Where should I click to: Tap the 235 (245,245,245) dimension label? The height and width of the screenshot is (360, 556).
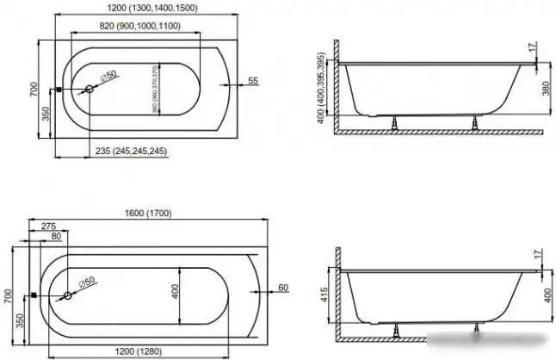tap(131, 152)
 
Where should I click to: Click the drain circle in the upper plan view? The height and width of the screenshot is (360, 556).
tap(90, 89)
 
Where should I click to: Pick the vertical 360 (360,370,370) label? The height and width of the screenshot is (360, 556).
tap(155, 89)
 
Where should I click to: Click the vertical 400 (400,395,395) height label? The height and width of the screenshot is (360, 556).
tap(320, 89)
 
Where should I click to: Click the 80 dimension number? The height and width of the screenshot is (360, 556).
tap(56, 235)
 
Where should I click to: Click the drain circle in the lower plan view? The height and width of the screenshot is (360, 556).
tap(68, 295)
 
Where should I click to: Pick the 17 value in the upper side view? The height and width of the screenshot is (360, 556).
tap(534, 48)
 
